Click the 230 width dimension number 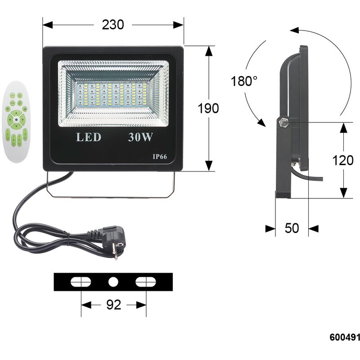pos(113,25)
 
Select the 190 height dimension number pos(208,108)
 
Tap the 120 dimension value pos(343,160)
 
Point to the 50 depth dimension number pos(292,228)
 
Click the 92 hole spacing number pos(114,305)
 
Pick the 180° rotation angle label pos(244,81)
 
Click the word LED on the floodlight pos(89,137)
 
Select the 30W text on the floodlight pos(140,137)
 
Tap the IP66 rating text pos(160,157)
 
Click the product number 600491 pos(345,337)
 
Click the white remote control pos(16,121)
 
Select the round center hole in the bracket pos(113,282)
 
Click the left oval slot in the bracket pos(81,282)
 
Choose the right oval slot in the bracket pos(145,282)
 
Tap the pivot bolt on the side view pos(284,122)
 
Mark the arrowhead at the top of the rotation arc pos(294,30)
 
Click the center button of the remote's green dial pos(16,119)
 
